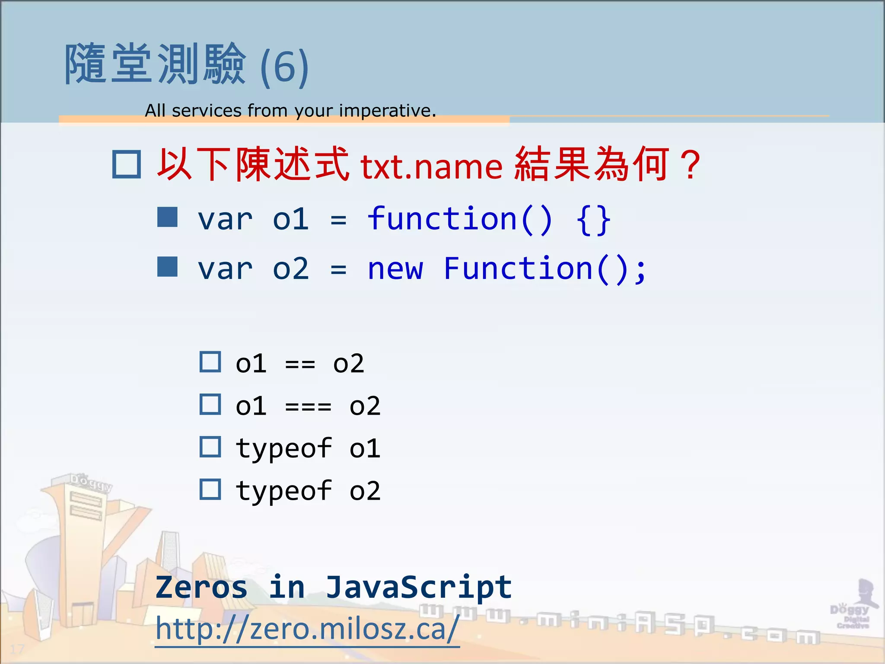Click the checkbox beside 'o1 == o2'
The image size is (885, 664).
(210, 362)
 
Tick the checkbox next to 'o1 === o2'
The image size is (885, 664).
(210, 405)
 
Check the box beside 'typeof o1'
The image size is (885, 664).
(210, 447)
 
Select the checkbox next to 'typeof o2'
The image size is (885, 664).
(210, 489)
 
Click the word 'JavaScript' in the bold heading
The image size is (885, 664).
(418, 587)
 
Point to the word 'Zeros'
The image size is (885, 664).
(201, 587)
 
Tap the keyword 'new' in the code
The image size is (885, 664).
(395, 269)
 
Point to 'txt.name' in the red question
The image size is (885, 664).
(431, 166)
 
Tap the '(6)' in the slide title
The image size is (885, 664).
(284, 67)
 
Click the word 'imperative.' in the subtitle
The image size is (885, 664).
(387, 111)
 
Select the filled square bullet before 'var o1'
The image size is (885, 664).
(167, 217)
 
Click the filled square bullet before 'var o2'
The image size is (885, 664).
(167, 267)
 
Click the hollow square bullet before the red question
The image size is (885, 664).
(127, 164)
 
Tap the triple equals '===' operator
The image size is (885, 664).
(308, 406)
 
